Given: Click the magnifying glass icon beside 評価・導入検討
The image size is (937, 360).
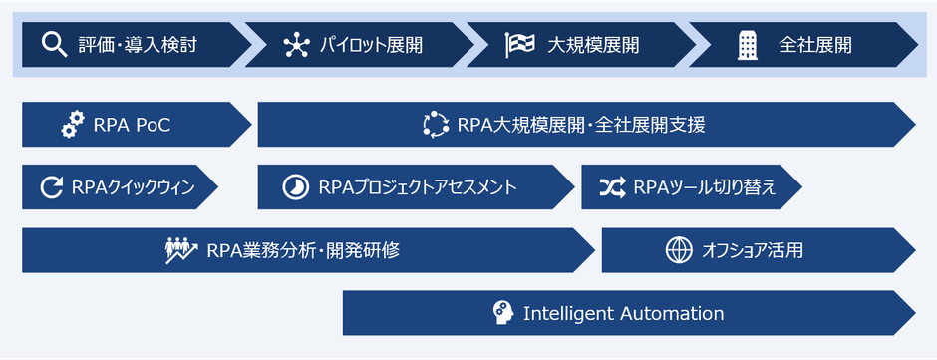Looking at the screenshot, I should tap(54, 44).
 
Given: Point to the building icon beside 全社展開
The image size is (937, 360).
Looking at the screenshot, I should tap(747, 44).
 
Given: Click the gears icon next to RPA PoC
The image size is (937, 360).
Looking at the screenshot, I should tap(73, 125).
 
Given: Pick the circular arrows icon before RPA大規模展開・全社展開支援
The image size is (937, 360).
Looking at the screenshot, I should tap(437, 125).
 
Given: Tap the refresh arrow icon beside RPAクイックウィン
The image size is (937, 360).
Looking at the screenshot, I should tap(52, 186).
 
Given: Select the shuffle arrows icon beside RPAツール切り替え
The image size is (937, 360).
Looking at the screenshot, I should tap(612, 186).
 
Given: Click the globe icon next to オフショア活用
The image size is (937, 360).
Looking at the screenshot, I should tap(679, 250).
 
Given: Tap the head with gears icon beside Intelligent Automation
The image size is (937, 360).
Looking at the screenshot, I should tap(504, 313).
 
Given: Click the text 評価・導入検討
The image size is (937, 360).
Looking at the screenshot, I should tap(138, 45).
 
